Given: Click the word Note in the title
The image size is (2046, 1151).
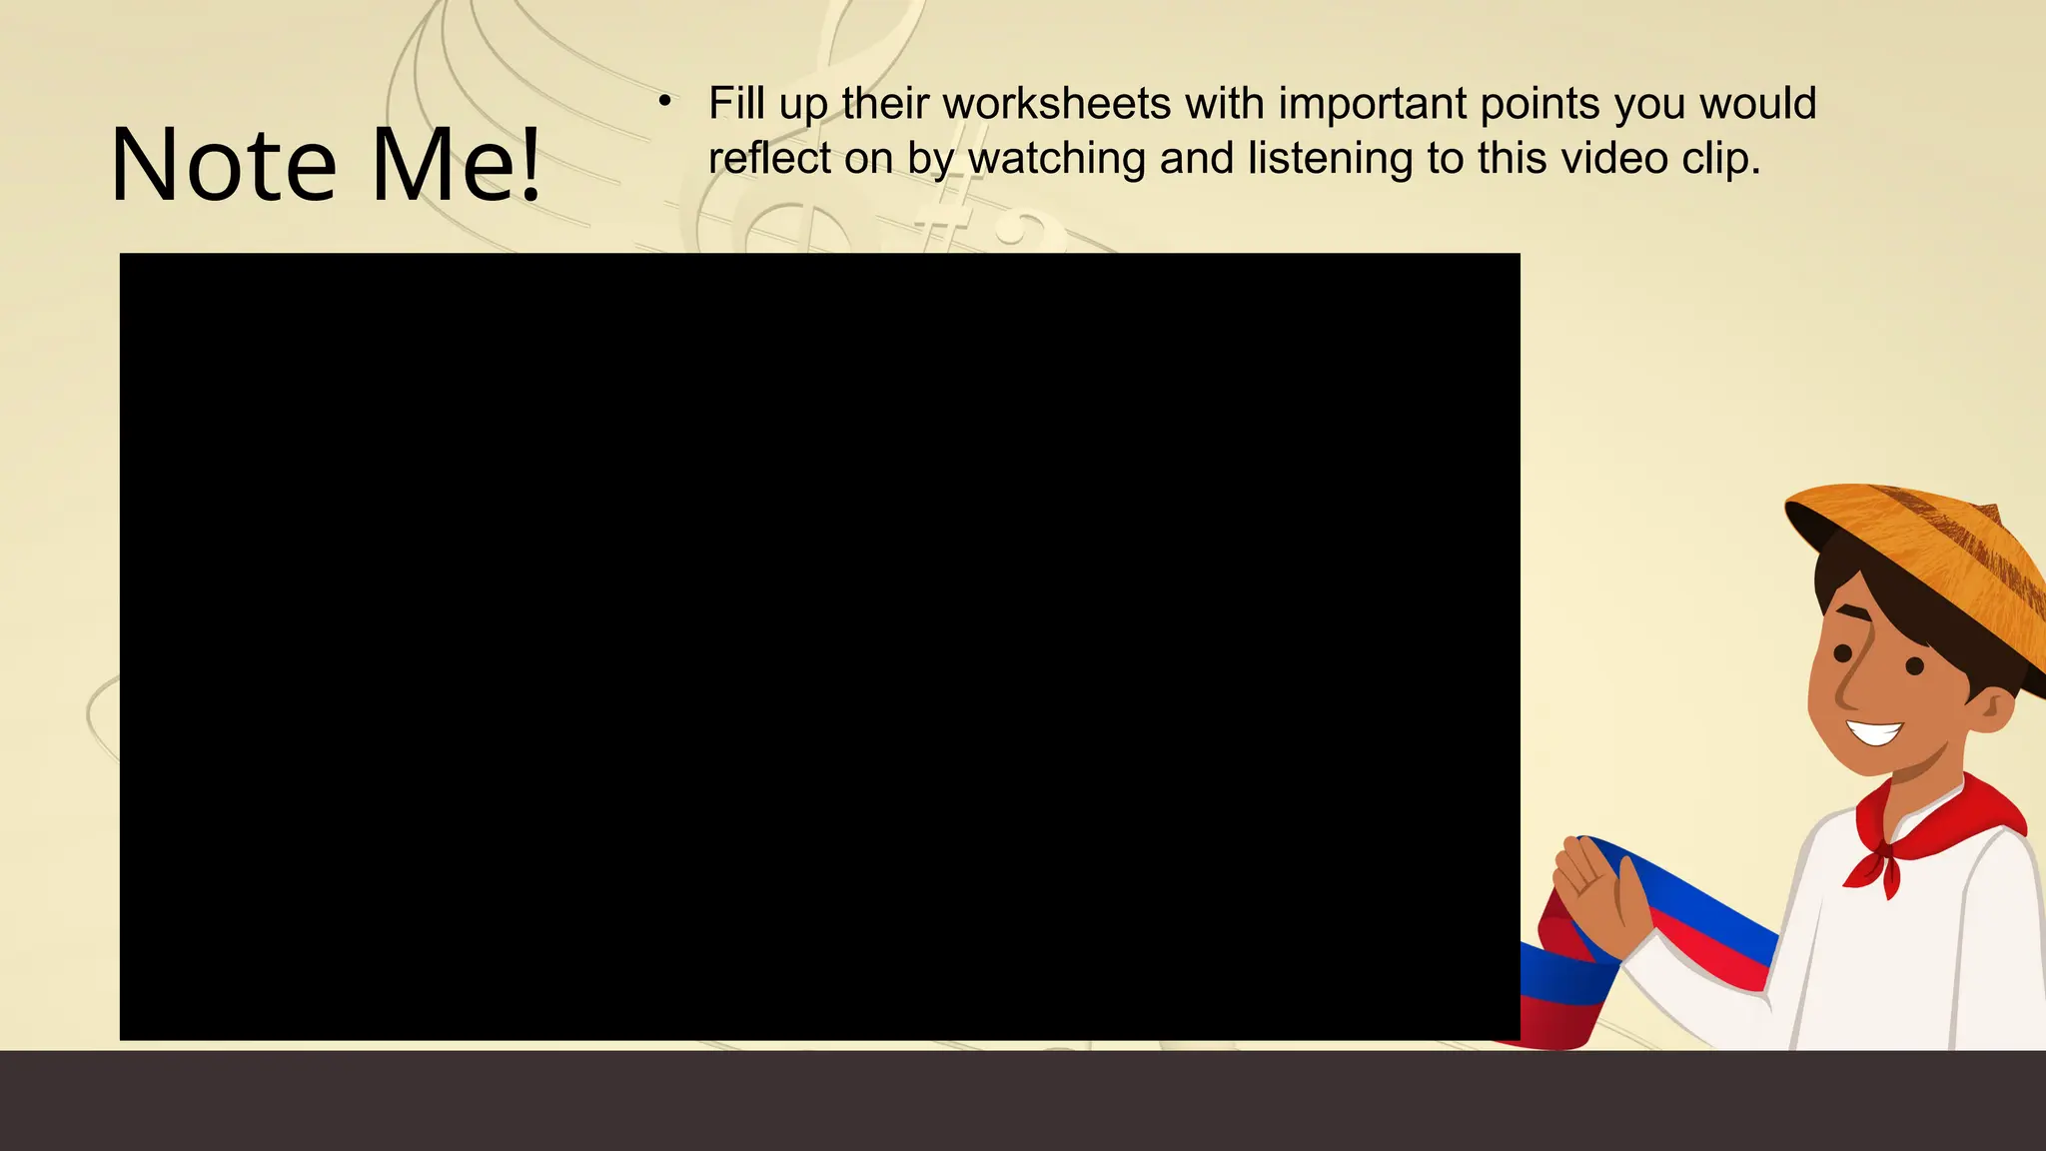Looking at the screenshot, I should click(224, 165).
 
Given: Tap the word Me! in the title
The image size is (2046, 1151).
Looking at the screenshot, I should click(456, 165).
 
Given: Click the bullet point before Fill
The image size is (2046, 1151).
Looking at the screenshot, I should click(664, 100).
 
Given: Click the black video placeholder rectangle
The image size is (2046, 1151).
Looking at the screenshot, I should click(819, 646).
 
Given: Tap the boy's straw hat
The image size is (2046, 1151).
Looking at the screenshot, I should click(1928, 560).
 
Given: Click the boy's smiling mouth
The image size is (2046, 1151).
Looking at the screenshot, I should click(1875, 732).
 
